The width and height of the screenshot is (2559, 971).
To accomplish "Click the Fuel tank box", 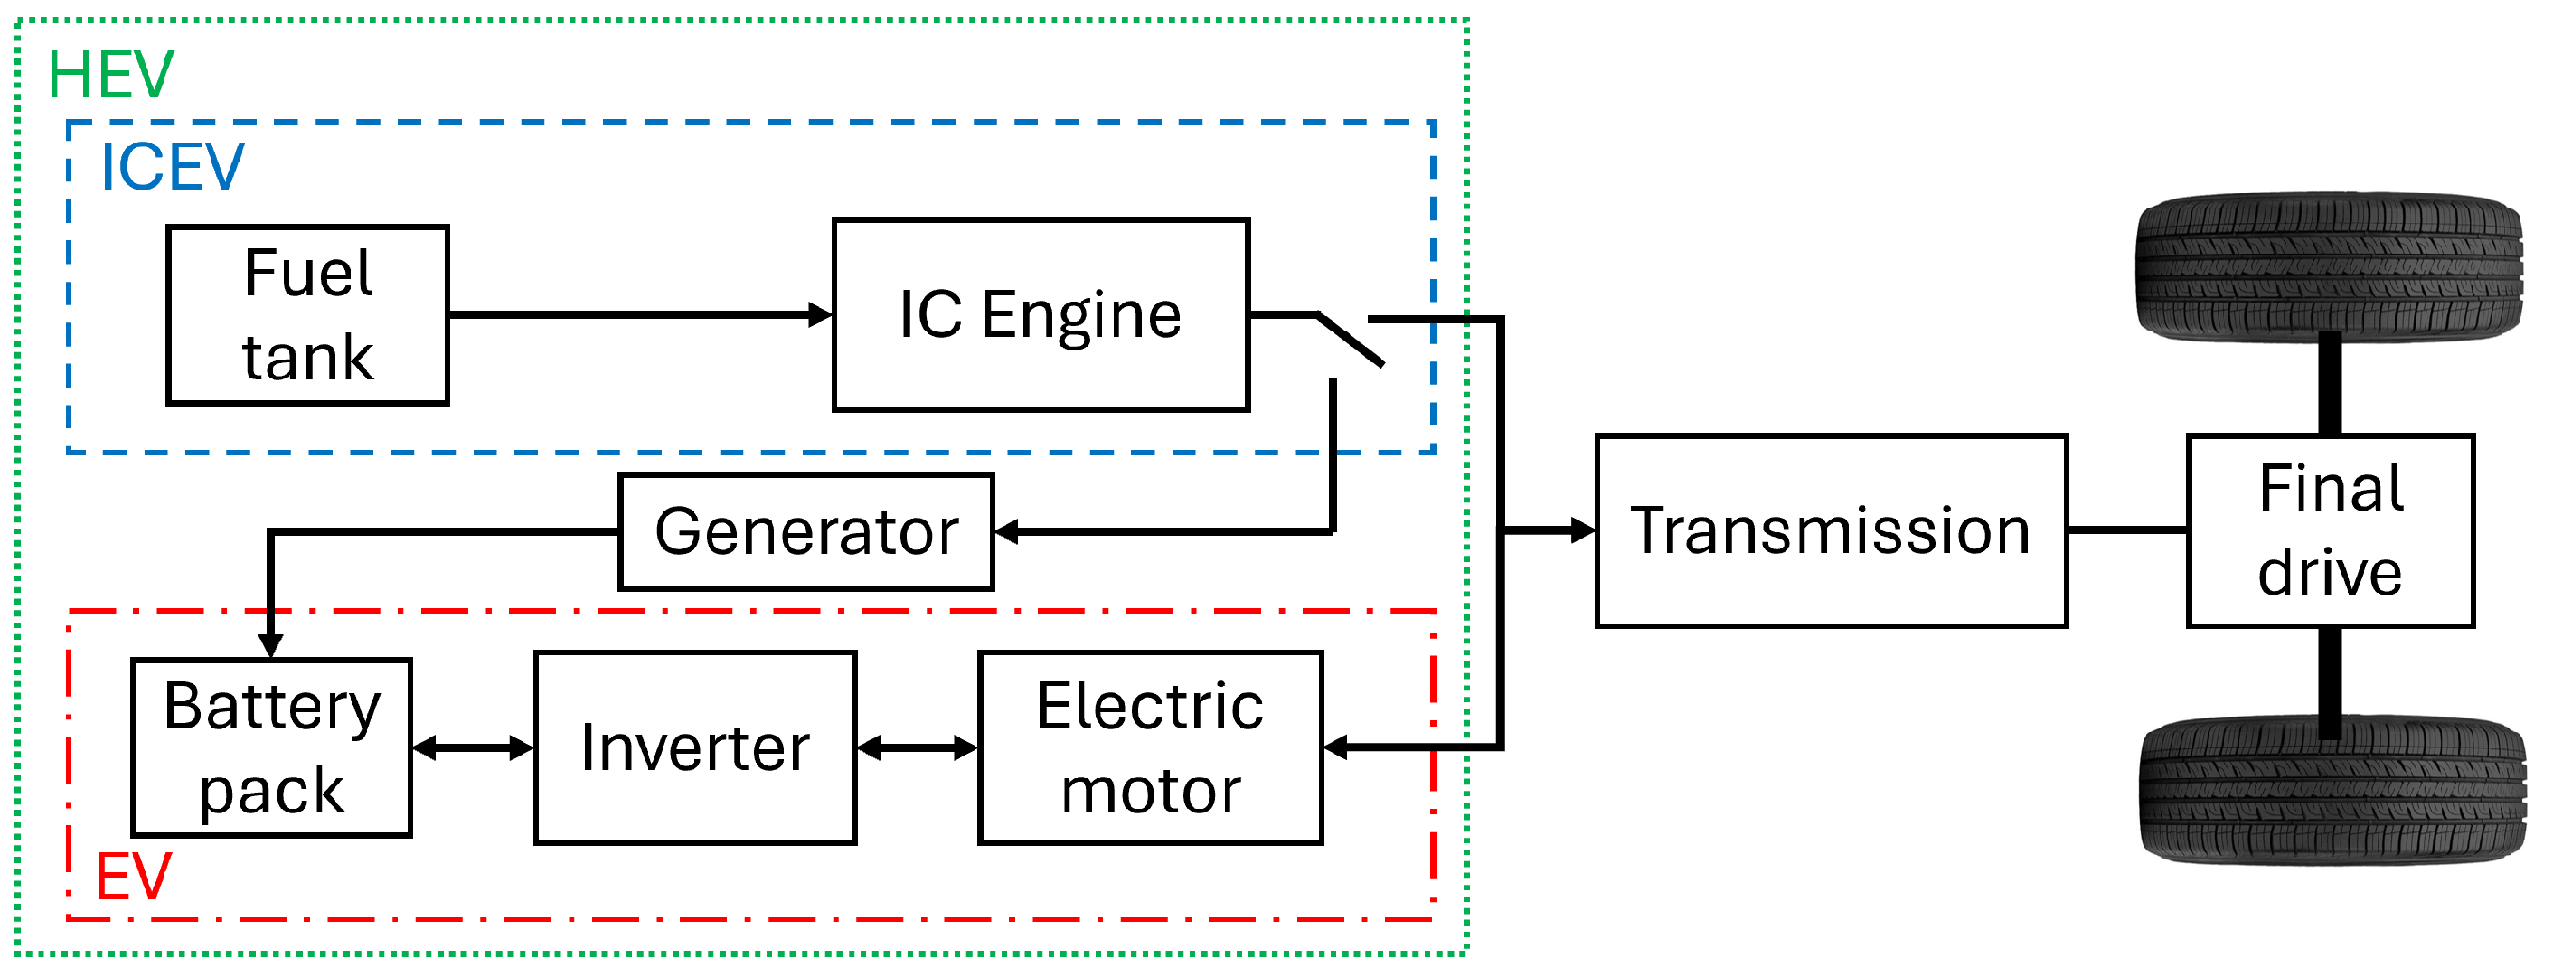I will (308, 316).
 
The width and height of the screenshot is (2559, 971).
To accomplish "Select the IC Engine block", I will (1041, 316).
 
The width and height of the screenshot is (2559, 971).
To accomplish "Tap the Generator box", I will (806, 533).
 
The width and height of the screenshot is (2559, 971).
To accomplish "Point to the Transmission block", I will (1832, 532).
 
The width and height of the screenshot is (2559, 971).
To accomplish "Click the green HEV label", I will (110, 75).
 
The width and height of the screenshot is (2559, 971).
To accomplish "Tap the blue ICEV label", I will (172, 167).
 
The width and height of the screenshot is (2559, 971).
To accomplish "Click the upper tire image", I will (2330, 266).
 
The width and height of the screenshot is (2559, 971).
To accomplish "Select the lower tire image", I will (2332, 792).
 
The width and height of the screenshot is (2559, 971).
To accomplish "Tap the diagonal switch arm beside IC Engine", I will (1351, 342).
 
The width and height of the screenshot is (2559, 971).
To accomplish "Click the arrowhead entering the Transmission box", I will (1584, 532).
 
